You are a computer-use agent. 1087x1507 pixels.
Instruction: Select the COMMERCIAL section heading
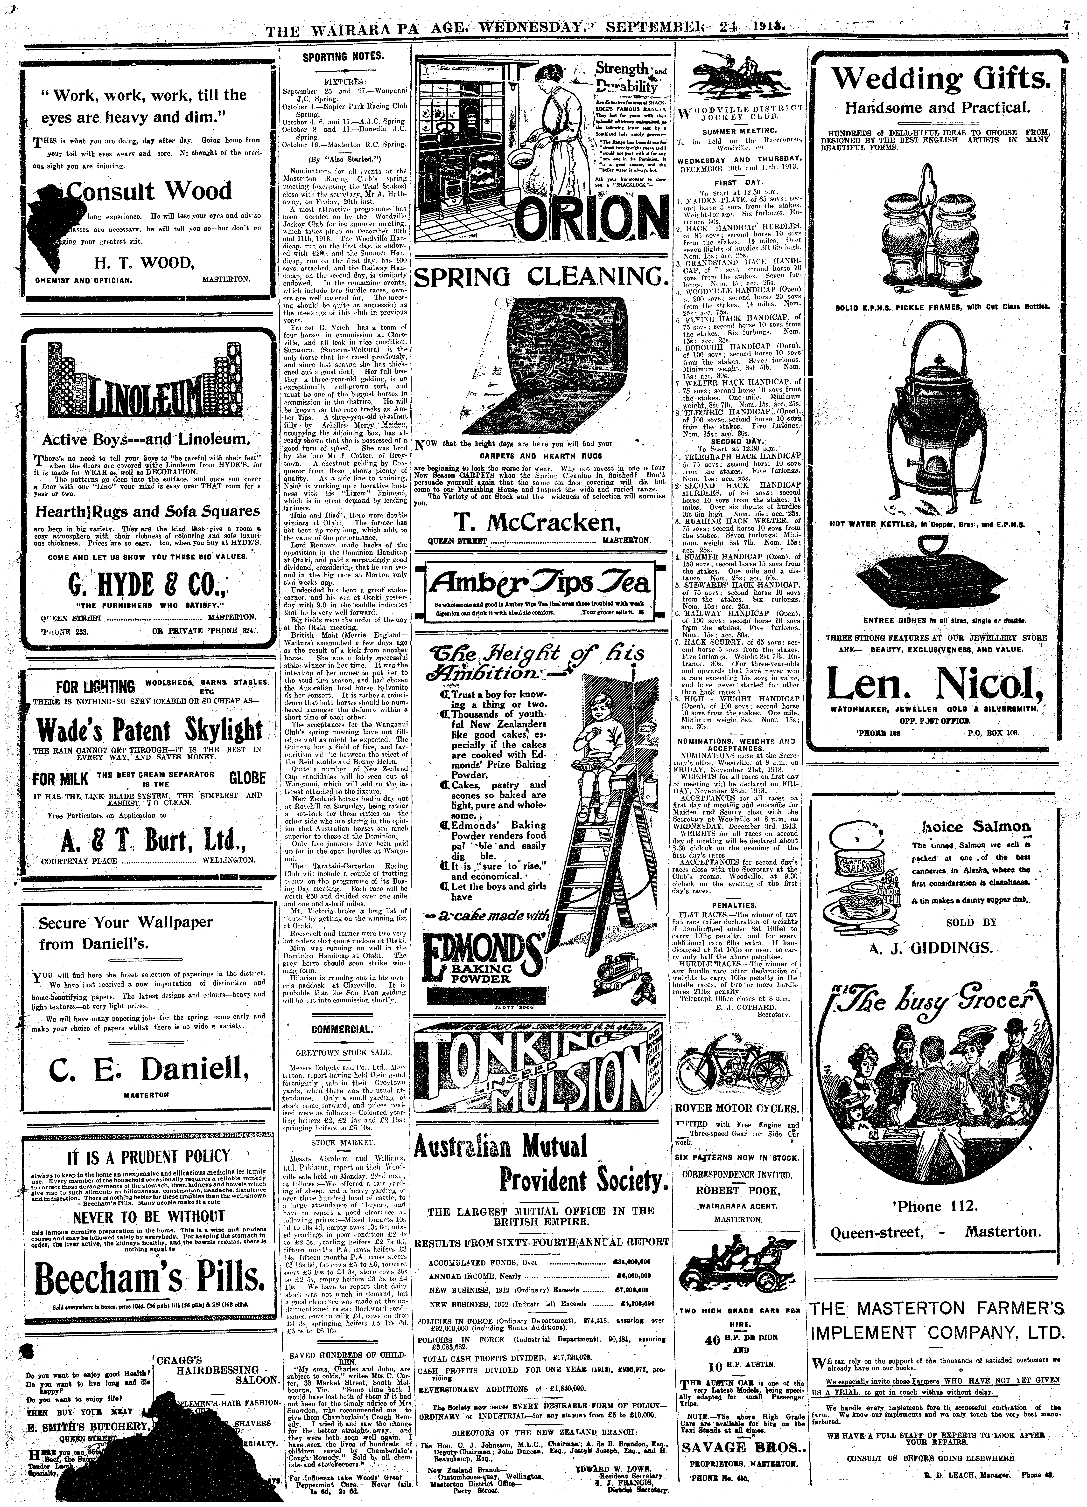click(343, 1029)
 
